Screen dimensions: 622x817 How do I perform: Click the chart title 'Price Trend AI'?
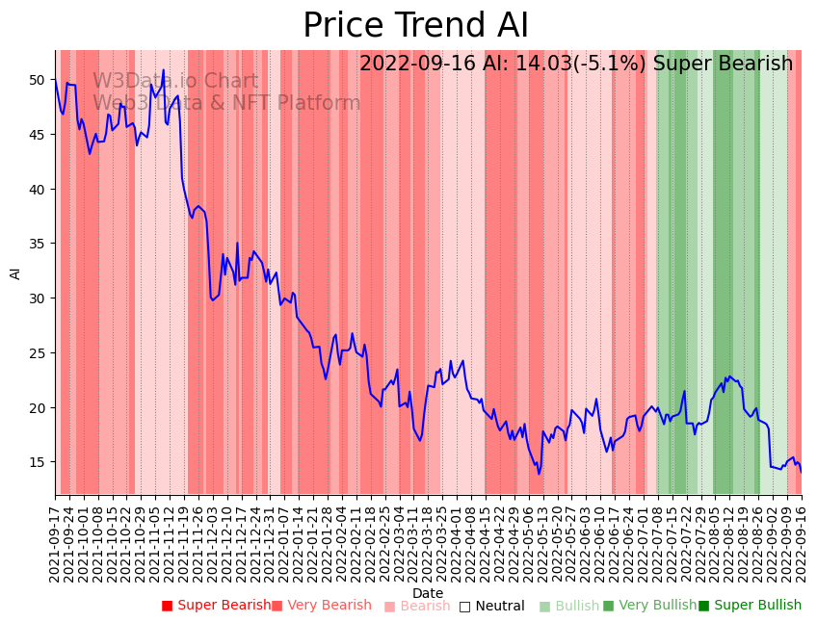click(415, 26)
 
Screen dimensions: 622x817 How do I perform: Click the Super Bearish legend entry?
click(217, 606)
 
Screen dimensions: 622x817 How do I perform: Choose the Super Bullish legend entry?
click(750, 606)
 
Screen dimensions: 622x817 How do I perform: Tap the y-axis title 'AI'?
click(15, 272)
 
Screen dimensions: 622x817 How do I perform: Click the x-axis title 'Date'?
click(428, 593)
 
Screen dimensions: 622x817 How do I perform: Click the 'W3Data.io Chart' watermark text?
click(175, 82)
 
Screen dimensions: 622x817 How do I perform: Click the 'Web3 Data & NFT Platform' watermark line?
click(226, 103)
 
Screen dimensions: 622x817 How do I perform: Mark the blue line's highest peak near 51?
click(164, 69)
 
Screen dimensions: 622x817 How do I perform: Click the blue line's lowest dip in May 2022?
click(540, 474)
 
